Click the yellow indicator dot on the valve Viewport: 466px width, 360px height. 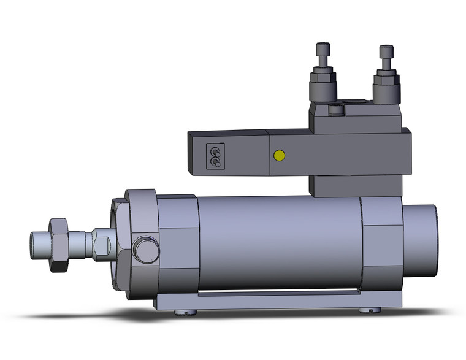(280, 155)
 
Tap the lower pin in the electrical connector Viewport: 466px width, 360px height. (215, 161)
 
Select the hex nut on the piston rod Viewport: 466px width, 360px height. (59, 244)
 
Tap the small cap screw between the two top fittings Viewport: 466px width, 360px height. (335, 110)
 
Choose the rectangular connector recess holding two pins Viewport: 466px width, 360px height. (215, 155)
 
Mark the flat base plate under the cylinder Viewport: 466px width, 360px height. (276, 301)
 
